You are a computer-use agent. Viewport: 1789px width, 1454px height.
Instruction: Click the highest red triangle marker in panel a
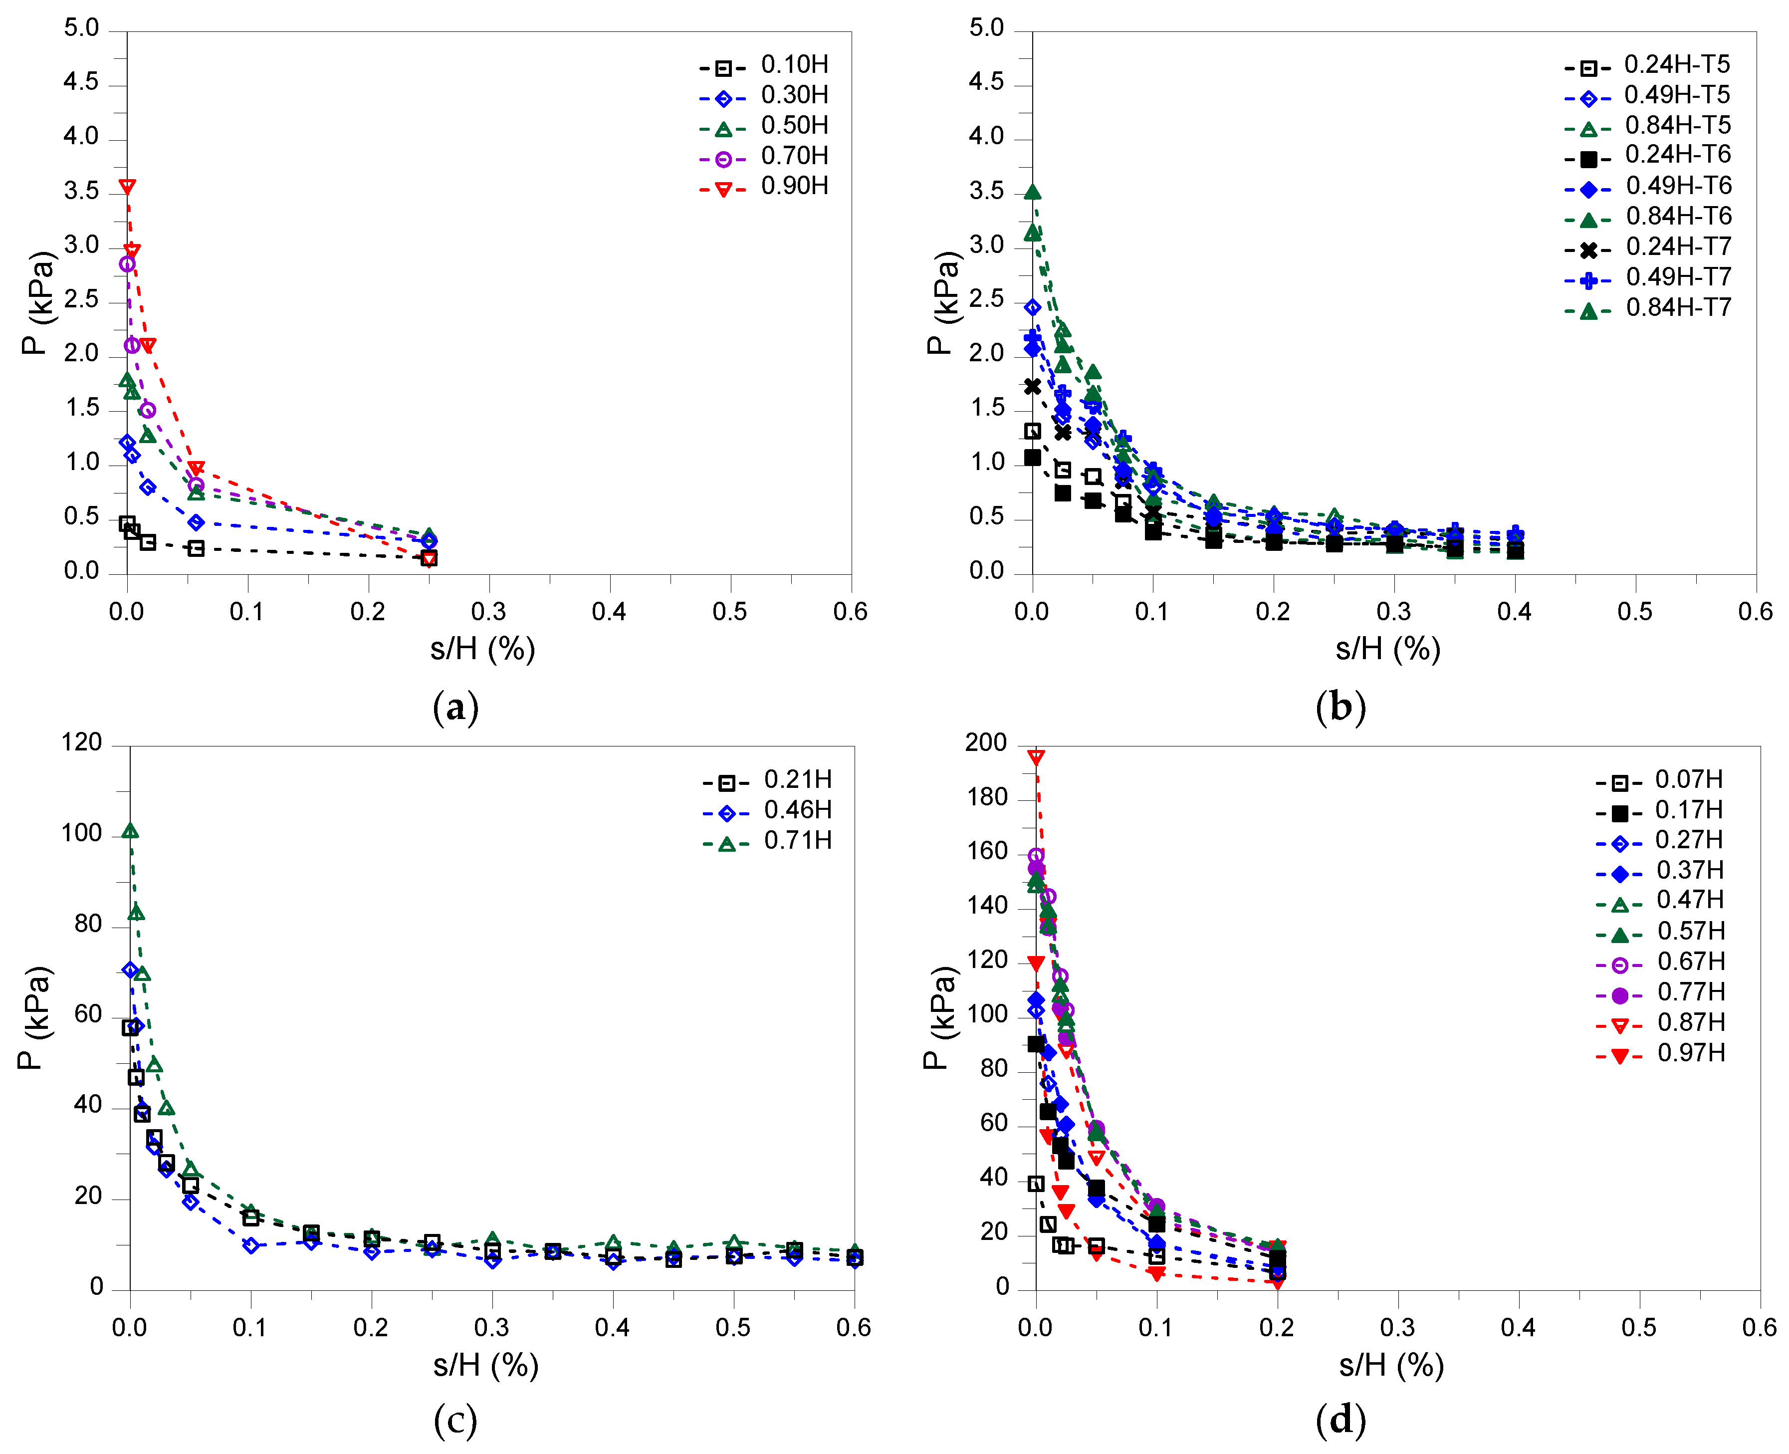pos(127,186)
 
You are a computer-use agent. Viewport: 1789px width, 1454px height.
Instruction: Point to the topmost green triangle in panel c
pos(130,831)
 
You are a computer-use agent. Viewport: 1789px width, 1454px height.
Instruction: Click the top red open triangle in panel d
pos(1036,757)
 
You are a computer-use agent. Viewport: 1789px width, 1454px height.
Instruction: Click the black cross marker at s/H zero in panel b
pos(1033,386)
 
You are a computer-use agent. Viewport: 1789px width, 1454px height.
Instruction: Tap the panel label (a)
pos(455,708)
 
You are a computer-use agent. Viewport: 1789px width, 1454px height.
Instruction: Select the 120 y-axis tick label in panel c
pos(81,743)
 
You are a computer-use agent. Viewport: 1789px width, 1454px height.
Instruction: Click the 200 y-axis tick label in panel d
pos(986,743)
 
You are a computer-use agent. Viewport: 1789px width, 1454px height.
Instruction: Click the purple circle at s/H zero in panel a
pos(127,264)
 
